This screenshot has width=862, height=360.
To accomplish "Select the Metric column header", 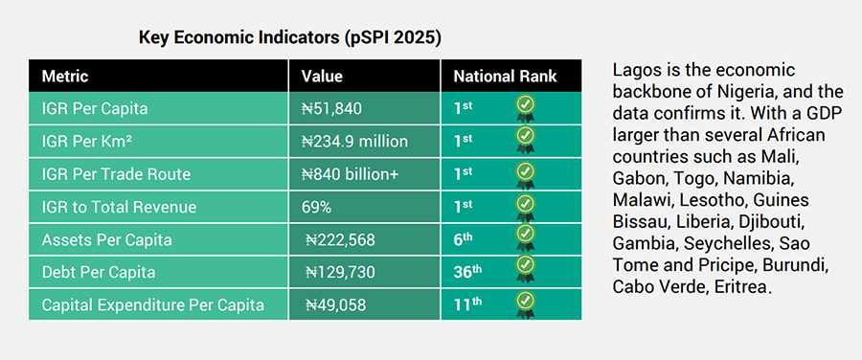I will pos(64,77).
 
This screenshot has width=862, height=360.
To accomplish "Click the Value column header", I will pos(322,77).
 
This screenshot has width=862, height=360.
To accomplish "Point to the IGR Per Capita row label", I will pos(94,108).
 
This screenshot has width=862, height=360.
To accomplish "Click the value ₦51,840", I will pos(331,108).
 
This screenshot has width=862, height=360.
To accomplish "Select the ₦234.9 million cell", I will pos(354,142).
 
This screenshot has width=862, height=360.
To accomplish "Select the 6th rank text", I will pos(464,239).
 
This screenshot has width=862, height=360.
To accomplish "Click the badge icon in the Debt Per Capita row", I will pos(525,268).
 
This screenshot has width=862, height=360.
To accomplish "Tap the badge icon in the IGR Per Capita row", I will pos(525,107).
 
